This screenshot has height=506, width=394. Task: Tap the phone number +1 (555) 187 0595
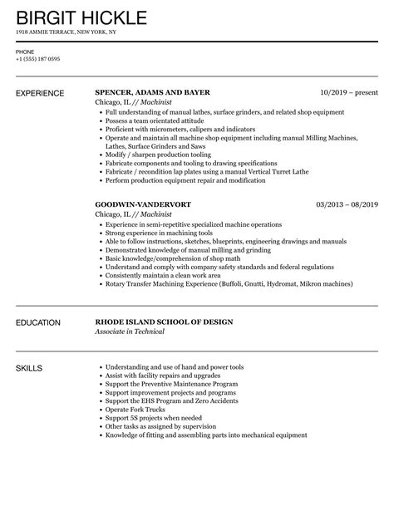37,59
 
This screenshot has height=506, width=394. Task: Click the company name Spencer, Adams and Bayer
152,92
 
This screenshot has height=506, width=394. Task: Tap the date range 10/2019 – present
349,92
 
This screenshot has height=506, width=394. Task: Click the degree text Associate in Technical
130,332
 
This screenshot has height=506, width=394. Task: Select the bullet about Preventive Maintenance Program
171,385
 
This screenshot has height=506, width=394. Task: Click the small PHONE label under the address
25,51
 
